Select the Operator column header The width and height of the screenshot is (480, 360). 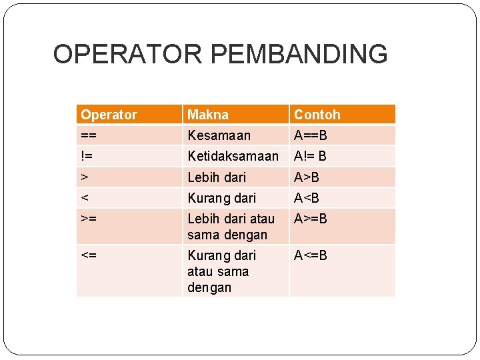[x=109, y=115]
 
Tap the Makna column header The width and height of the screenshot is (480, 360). [x=208, y=115]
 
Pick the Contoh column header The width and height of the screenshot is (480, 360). [x=317, y=115]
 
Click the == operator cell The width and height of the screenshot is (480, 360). [x=87, y=135]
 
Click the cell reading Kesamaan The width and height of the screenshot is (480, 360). [x=219, y=135]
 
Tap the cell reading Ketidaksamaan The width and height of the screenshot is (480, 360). [x=233, y=156]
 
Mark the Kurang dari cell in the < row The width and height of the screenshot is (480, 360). [x=222, y=198]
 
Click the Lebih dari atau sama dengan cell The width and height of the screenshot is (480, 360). [x=231, y=227]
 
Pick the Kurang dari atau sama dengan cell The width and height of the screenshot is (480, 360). [x=222, y=271]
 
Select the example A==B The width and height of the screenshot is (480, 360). [x=311, y=135]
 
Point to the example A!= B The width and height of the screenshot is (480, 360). [x=311, y=156]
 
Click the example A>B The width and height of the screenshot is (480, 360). [x=307, y=177]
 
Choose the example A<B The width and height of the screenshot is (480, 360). [x=307, y=198]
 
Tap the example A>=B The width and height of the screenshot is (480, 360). [x=311, y=218]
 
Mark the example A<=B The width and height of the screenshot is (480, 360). [x=311, y=255]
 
